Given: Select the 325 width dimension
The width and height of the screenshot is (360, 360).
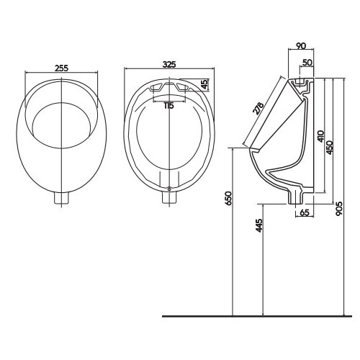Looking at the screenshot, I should pyautogui.click(x=169, y=64).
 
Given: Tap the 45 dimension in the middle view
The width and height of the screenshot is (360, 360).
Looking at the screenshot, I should pyautogui.click(x=206, y=84).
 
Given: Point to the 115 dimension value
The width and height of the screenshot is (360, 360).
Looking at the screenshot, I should pyautogui.click(x=168, y=105).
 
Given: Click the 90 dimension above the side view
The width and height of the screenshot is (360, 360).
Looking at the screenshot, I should pyautogui.click(x=301, y=44).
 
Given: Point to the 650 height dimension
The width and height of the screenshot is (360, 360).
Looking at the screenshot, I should pyautogui.click(x=229, y=199).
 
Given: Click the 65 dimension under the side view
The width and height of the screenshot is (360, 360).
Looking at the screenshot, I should pyautogui.click(x=304, y=212).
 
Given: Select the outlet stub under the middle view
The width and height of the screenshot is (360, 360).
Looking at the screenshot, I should pyautogui.click(x=168, y=199).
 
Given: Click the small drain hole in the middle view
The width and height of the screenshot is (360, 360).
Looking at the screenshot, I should pyautogui.click(x=168, y=189).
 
